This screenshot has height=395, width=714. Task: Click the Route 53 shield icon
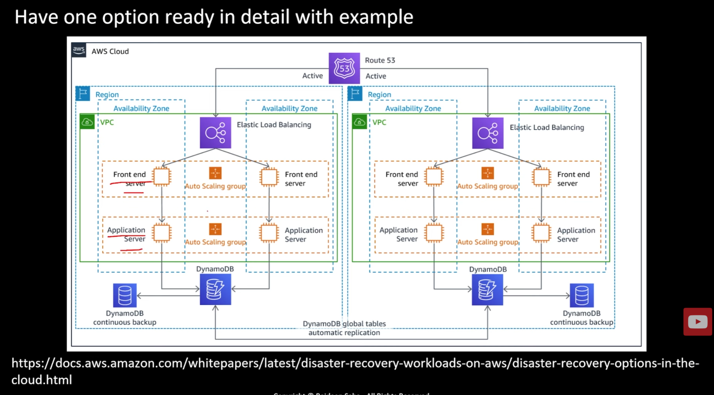tap(344, 68)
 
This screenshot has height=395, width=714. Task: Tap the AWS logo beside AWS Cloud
tap(79, 50)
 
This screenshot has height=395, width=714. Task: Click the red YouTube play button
tap(697, 322)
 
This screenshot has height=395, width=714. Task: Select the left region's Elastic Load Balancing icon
tap(215, 133)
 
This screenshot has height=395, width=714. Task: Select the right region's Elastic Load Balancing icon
tap(488, 133)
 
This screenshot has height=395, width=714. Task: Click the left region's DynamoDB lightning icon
tap(215, 290)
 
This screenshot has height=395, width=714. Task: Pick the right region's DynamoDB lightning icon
tap(488, 290)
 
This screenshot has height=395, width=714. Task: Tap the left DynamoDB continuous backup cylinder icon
tap(125, 295)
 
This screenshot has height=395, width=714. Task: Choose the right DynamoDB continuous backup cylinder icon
tap(582, 295)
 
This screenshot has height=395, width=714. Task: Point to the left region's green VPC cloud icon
tap(87, 122)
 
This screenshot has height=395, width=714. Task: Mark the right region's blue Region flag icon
tap(355, 93)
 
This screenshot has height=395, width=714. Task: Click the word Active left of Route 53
tap(312, 76)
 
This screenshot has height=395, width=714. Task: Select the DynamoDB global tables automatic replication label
tap(344, 328)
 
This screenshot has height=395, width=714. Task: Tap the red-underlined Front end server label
tap(129, 179)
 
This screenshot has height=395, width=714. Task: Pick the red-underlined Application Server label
tap(126, 234)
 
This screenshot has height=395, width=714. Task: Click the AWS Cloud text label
tap(110, 51)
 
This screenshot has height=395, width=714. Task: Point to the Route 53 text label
tap(380, 60)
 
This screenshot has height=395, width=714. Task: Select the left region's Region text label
tap(107, 95)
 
